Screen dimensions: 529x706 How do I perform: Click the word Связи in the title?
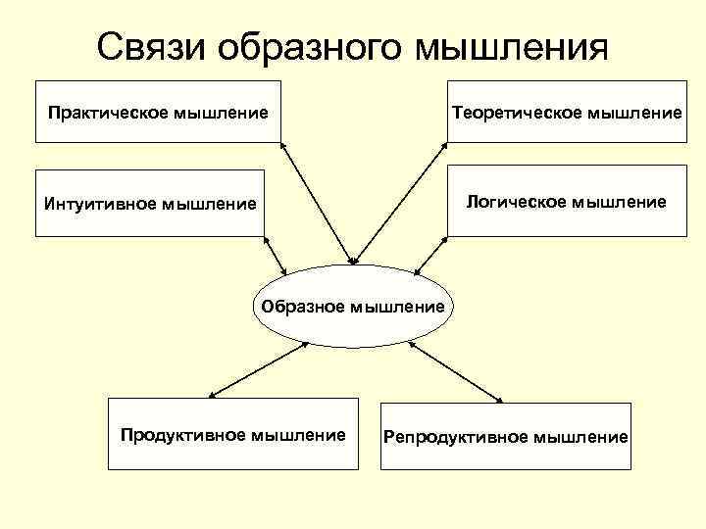[x=154, y=46]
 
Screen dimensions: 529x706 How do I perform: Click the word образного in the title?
[x=309, y=46]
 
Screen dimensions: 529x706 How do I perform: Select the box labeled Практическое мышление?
[x=158, y=112]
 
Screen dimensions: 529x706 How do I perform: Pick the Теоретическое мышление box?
[x=567, y=112]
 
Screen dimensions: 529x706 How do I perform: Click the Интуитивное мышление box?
[x=150, y=203]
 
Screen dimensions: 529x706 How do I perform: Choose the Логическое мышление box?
[x=567, y=203]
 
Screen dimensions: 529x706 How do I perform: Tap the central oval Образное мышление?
[x=353, y=306]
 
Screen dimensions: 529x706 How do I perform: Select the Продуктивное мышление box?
[x=232, y=434]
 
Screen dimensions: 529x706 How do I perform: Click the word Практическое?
[x=109, y=113]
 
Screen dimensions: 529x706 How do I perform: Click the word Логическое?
[x=517, y=202]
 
